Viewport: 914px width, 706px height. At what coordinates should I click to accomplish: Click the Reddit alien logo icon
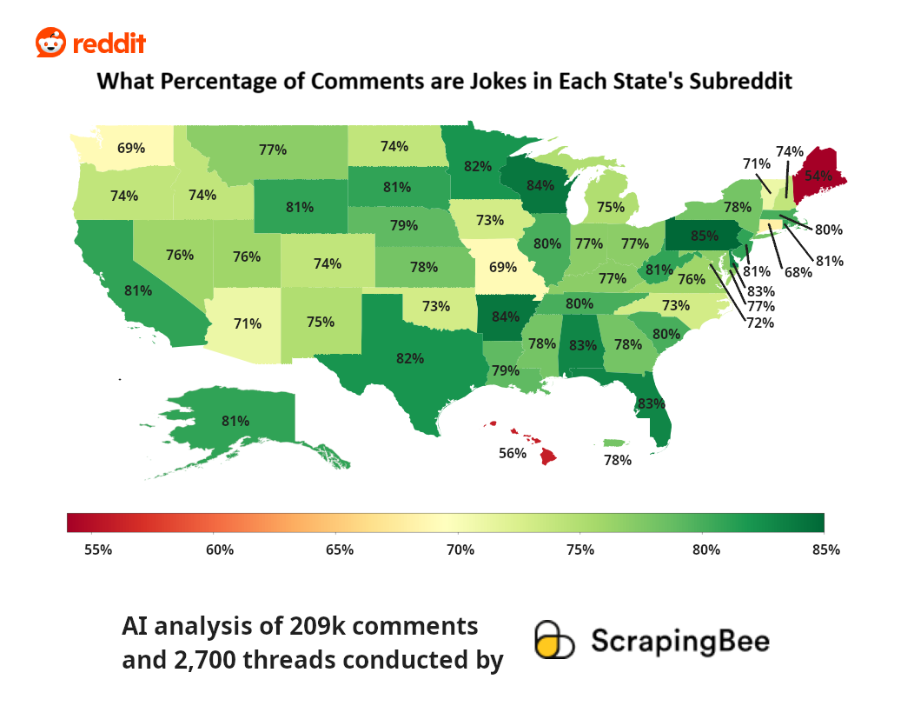pyautogui.click(x=50, y=43)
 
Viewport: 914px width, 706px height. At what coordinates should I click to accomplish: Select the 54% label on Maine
pyautogui.click(x=818, y=175)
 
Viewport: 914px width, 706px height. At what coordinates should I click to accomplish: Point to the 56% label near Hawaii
pyautogui.click(x=513, y=453)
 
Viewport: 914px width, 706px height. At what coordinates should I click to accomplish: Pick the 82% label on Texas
pyautogui.click(x=410, y=357)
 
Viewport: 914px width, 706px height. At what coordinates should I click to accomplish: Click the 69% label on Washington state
pyautogui.click(x=131, y=148)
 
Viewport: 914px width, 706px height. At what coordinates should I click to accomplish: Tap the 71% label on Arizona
pyautogui.click(x=248, y=324)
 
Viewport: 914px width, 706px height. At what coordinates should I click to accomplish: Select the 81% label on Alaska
pyautogui.click(x=235, y=421)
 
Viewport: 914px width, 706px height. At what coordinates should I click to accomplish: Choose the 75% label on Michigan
pyautogui.click(x=611, y=207)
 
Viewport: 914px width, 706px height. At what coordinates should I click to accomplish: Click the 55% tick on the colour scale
pyautogui.click(x=97, y=549)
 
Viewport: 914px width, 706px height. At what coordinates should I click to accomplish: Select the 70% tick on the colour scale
pyautogui.click(x=460, y=549)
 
